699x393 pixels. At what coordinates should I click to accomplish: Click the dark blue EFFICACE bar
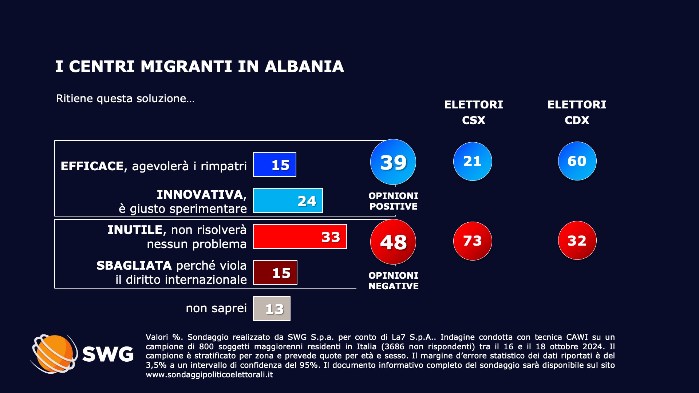click(x=275, y=164)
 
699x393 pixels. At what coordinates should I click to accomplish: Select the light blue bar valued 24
click(x=288, y=201)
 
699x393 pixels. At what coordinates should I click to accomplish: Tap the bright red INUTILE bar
click(x=300, y=237)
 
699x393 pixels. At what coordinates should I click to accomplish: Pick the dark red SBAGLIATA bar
click(x=275, y=273)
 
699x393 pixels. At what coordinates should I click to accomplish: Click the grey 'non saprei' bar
click(x=272, y=309)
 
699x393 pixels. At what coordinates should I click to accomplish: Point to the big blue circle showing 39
click(x=393, y=162)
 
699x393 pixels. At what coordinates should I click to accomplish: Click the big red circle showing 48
click(x=393, y=242)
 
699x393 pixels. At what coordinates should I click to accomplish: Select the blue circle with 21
click(x=473, y=161)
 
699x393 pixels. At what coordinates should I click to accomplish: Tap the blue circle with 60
click(x=577, y=161)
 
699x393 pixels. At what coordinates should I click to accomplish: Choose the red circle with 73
click(x=473, y=241)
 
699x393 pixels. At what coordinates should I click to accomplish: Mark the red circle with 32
click(x=577, y=241)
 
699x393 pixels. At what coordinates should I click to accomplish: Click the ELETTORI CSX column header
click(x=473, y=112)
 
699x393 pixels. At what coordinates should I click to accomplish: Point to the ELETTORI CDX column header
click(x=577, y=112)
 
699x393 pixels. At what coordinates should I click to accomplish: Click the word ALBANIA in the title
click(x=304, y=67)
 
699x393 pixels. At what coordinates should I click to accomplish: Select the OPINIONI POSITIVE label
click(x=393, y=201)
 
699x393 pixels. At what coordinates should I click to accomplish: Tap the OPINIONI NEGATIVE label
click(x=393, y=281)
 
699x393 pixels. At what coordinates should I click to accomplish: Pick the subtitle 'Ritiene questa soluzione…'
click(x=125, y=99)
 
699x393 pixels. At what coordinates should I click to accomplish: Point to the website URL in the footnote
click(x=209, y=374)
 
